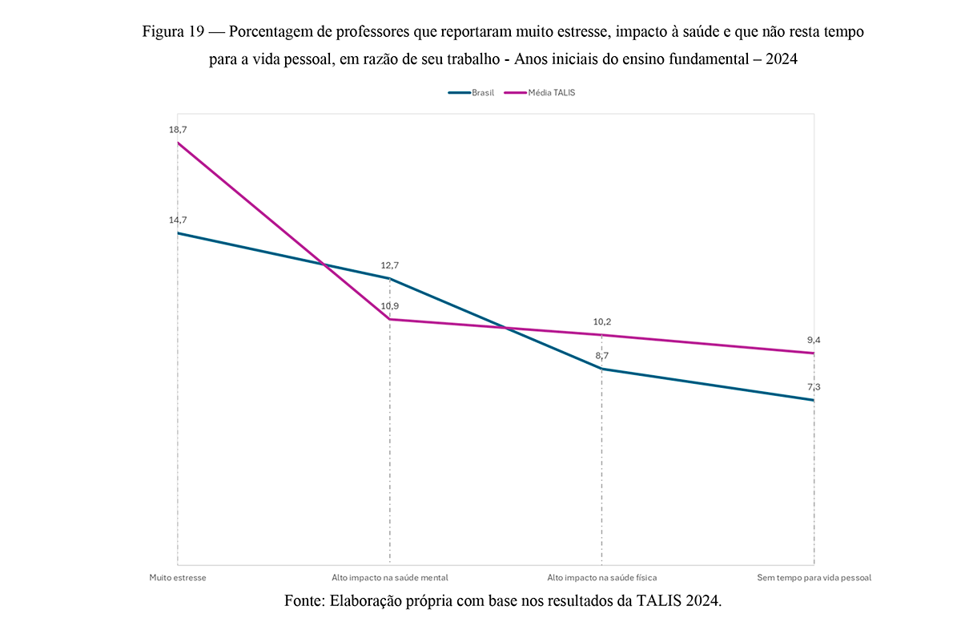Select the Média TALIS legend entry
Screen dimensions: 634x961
551,92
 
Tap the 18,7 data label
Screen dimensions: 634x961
178,129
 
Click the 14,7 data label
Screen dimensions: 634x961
178,220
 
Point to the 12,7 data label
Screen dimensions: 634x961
390,265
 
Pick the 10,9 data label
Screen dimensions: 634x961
390,306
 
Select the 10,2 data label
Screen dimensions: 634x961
601,321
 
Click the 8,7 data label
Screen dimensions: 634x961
601,355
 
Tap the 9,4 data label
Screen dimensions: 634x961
814,340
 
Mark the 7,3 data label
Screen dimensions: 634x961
814,386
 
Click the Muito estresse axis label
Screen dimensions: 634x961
178,577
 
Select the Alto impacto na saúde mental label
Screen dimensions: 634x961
390,577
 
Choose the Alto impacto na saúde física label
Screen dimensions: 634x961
601,577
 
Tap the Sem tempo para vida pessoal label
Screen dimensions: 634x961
814,577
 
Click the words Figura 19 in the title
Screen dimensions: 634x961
172,32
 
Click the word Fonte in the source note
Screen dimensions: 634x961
304,601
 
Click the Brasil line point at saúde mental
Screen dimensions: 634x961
390,278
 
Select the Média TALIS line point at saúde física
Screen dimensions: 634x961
601,335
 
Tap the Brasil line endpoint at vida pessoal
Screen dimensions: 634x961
814,400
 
